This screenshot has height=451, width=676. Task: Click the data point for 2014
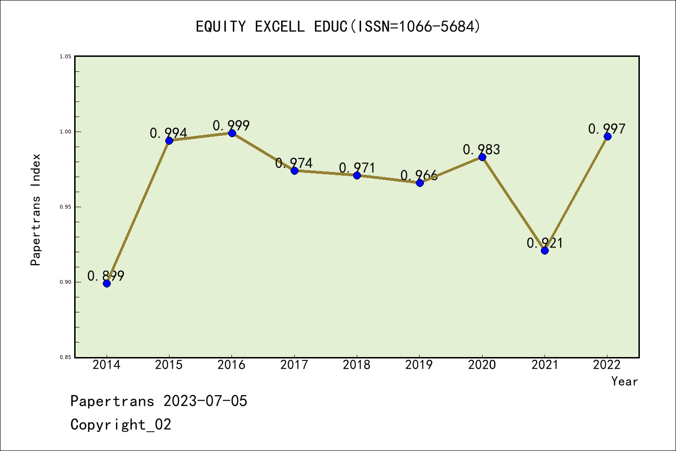(x=107, y=283)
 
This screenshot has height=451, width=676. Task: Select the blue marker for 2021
(x=545, y=250)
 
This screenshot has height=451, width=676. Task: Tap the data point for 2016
(x=232, y=133)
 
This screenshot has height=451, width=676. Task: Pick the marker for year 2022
(x=607, y=136)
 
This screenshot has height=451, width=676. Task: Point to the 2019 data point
(x=420, y=183)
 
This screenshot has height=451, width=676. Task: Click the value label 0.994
(x=169, y=133)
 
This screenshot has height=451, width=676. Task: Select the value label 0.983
(x=482, y=150)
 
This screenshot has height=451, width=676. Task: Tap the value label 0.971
(x=357, y=168)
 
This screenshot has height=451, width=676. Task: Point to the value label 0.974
(x=294, y=163)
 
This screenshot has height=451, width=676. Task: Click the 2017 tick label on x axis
(x=294, y=365)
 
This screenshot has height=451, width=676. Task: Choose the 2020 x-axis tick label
(x=482, y=365)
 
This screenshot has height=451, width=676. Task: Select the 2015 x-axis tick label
(x=169, y=365)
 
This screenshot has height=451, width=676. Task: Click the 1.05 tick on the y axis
(x=65, y=56)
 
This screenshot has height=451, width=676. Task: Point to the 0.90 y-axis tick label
(x=65, y=282)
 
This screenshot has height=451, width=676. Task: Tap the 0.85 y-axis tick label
(x=65, y=357)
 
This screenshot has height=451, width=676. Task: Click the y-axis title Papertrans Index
(x=36, y=210)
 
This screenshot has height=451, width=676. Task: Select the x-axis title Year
(x=624, y=381)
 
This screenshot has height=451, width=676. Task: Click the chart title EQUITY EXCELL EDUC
(x=338, y=27)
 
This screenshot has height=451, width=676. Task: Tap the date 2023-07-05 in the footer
(x=205, y=401)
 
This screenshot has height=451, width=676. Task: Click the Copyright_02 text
(x=121, y=425)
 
